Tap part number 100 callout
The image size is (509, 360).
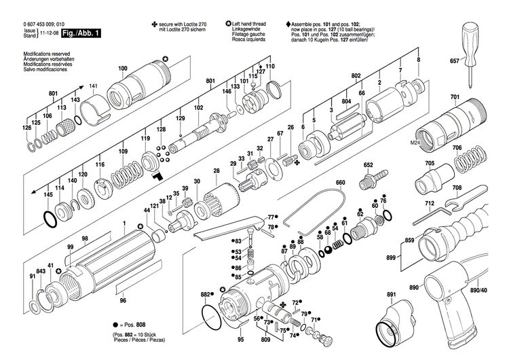pos(122,69)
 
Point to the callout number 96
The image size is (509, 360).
pos(122,300)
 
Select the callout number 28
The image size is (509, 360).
pos(216,170)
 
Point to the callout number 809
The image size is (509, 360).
pos(264,337)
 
